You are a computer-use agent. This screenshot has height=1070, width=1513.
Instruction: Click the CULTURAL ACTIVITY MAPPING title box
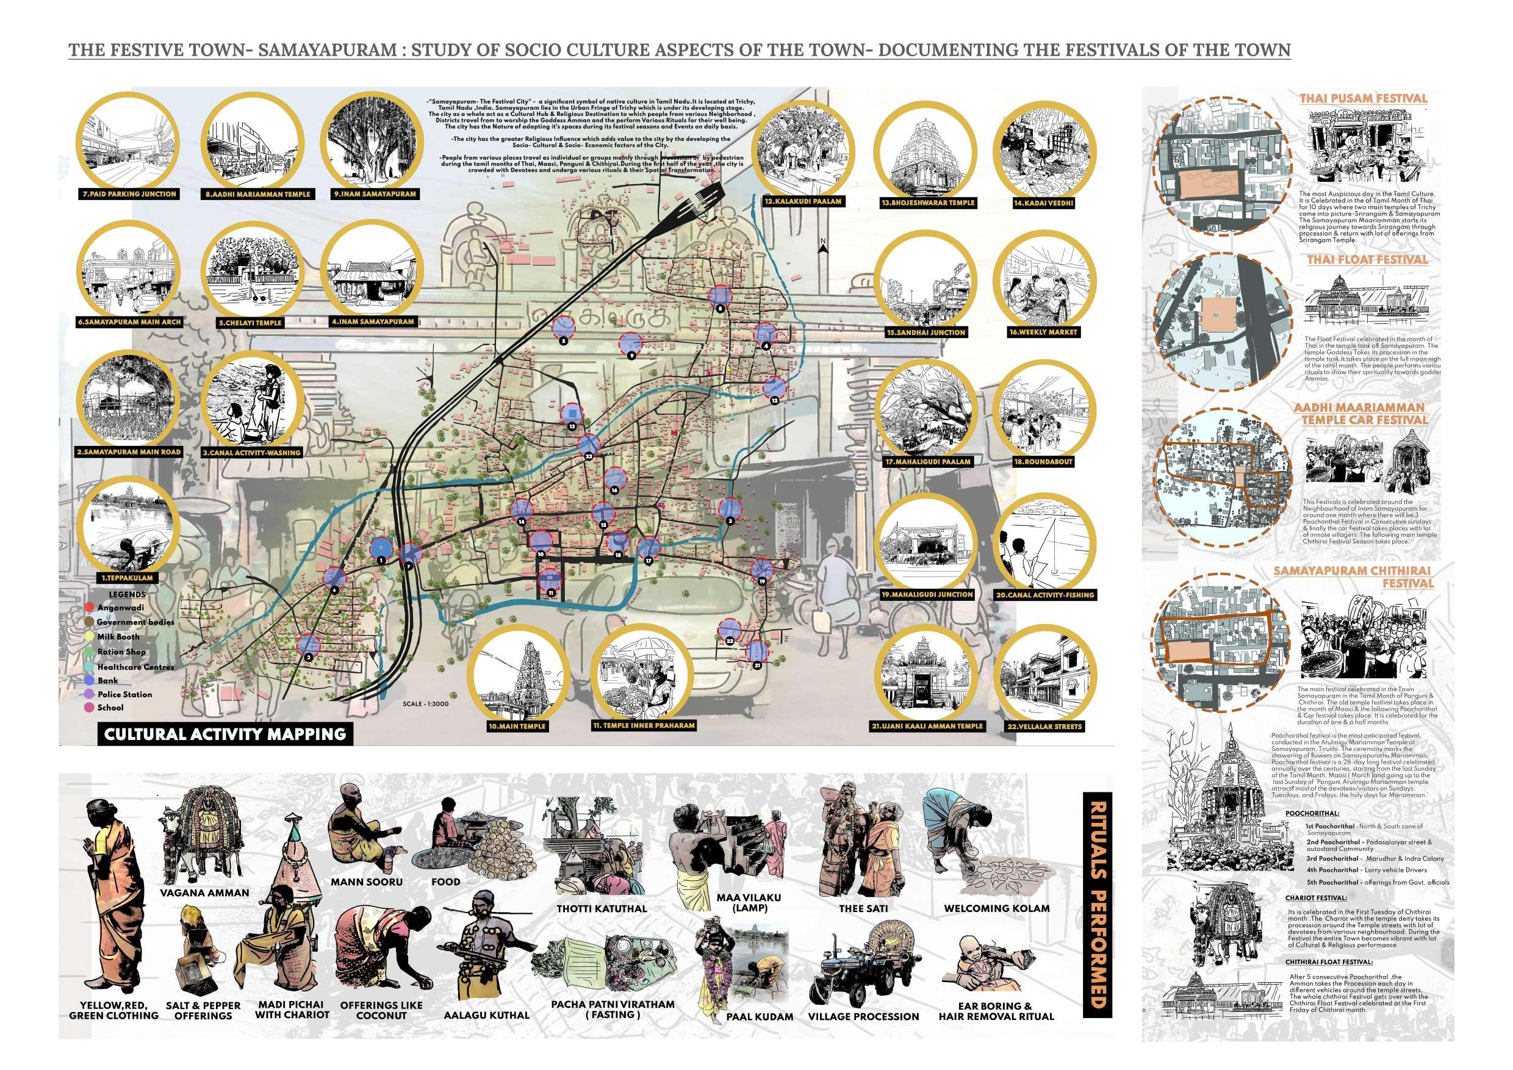(225, 733)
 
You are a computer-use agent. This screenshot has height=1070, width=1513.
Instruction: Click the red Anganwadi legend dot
(90, 607)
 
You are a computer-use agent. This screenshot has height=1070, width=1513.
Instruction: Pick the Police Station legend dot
(90, 694)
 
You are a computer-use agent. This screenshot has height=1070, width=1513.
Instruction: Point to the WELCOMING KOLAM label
(996, 908)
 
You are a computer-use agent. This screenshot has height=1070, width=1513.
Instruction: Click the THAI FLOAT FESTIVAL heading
(1367, 260)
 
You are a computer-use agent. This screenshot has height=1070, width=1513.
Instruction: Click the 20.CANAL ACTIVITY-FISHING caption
(1044, 595)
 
